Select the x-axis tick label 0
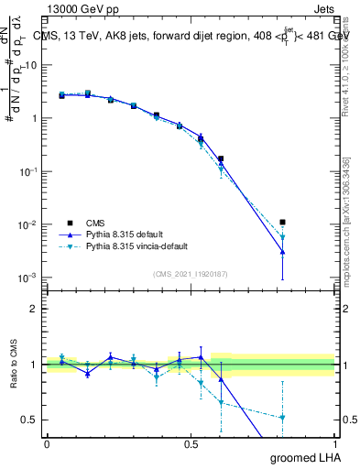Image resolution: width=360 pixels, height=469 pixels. pos(47,443)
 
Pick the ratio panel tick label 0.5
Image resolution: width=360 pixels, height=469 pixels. pos(29,420)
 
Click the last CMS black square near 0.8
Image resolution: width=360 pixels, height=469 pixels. pos(283,222)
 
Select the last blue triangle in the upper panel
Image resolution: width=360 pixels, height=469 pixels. pos(283,251)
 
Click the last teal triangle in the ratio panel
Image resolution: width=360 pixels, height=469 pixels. pos(283,418)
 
